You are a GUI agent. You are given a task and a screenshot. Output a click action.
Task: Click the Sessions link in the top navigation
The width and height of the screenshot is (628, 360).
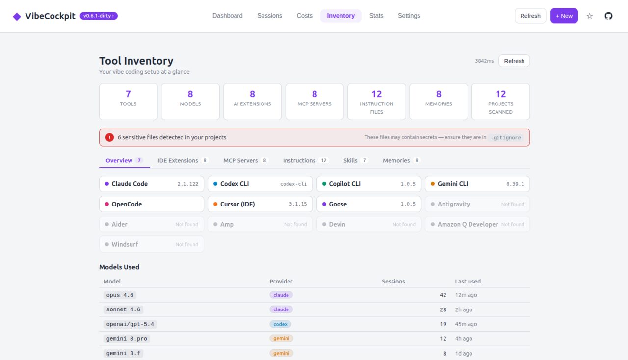269,16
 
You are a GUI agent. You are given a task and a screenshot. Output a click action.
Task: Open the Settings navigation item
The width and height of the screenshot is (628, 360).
409,16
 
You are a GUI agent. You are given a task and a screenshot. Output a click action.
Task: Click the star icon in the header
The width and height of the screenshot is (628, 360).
590,16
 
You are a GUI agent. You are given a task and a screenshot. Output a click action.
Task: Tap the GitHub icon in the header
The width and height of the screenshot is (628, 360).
608,16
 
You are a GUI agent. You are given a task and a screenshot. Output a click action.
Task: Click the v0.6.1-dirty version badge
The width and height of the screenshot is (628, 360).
99,16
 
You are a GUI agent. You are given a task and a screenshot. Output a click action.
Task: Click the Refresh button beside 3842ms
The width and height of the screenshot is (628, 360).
514,61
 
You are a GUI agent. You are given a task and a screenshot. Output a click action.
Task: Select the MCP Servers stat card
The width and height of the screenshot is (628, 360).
314,102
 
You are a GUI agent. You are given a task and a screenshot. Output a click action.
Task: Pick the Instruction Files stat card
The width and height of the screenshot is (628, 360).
376,102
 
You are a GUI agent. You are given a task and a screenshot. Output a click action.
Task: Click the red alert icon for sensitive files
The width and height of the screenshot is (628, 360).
109,137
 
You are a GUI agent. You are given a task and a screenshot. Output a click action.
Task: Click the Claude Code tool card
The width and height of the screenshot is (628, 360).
152,184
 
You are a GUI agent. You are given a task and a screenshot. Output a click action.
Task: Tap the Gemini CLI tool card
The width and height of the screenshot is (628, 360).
477,184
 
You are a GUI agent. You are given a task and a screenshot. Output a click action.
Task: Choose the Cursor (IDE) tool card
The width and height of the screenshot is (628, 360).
260,204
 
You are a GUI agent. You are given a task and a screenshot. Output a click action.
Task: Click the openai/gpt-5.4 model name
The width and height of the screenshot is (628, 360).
131,324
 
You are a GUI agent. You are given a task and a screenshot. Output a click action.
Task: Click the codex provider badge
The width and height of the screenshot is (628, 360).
280,324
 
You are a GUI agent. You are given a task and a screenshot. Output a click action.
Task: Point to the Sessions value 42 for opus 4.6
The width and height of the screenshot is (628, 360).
443,295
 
